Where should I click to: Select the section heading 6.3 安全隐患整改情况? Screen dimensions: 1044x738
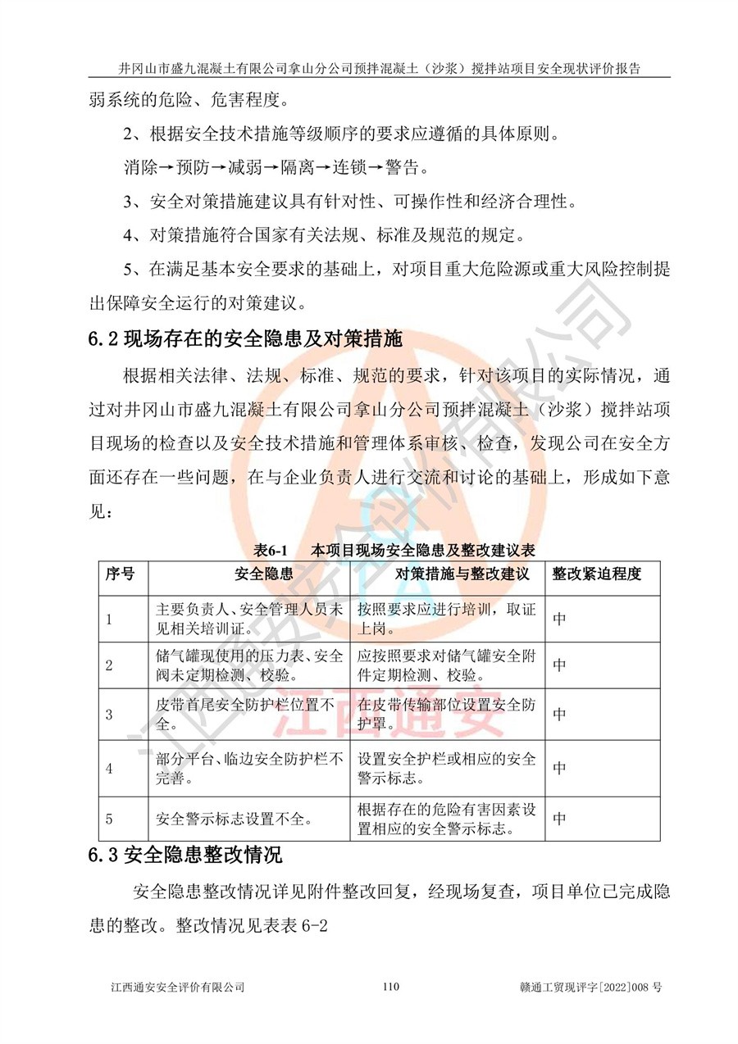(185, 857)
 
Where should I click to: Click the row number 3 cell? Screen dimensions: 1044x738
(110, 714)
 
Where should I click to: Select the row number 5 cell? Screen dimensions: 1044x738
(110, 818)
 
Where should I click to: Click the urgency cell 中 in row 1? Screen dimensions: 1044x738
(559, 620)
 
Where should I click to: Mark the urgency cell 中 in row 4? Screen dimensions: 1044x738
(559, 768)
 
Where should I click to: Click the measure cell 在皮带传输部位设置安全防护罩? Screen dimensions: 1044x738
(447, 714)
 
